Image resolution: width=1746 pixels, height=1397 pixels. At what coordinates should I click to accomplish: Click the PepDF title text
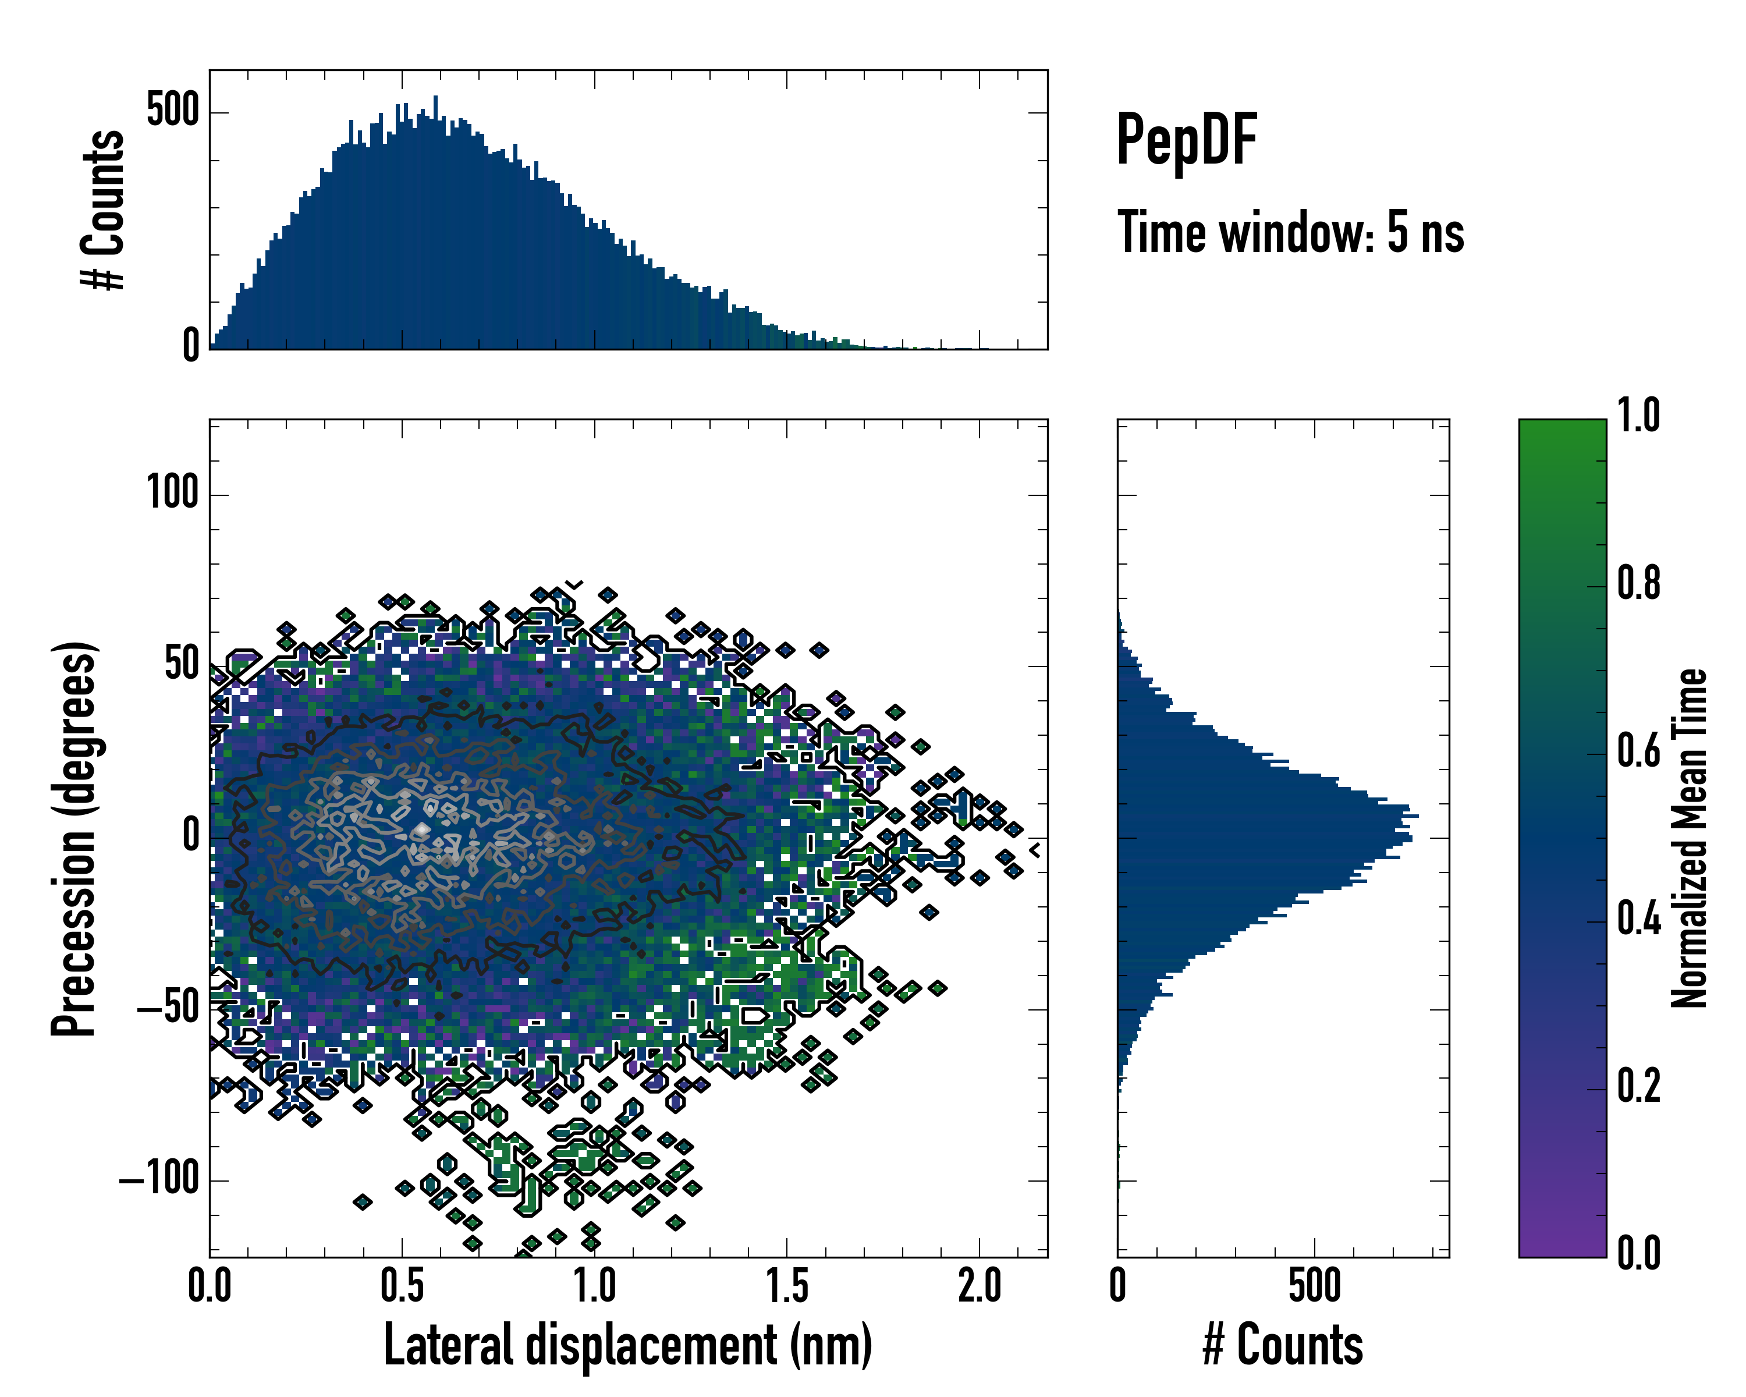[1186, 140]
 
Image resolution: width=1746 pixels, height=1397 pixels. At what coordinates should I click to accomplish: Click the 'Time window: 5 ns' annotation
[1290, 232]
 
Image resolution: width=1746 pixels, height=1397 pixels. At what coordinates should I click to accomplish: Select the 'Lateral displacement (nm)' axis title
[627, 1345]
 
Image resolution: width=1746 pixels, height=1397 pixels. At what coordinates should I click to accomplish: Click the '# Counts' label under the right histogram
[1283, 1345]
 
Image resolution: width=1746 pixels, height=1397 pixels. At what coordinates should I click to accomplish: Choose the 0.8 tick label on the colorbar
[1638, 583]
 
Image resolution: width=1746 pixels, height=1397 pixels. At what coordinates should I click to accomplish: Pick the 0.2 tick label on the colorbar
[1638, 1086]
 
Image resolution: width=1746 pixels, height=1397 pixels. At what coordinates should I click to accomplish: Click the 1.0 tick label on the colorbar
[1638, 416]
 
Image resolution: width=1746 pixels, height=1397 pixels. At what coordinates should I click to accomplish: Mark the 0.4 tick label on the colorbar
[1638, 919]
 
